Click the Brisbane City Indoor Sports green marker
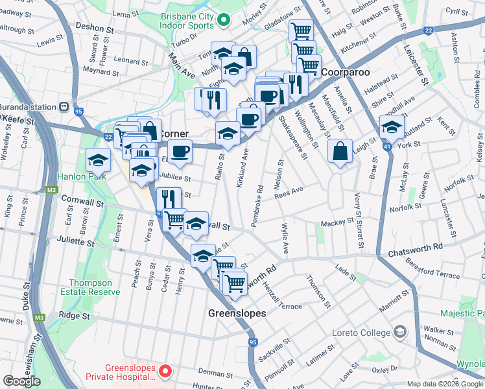click(x=223, y=19)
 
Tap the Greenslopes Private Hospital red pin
click(x=165, y=371)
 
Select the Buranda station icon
click(x=64, y=107)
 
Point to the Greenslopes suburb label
click(x=237, y=313)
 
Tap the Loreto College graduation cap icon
click(x=401, y=332)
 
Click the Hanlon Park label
click(x=81, y=175)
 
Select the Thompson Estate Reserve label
click(x=95, y=287)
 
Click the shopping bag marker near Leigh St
click(x=340, y=153)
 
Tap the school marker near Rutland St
click(x=392, y=128)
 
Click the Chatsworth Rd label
click(x=415, y=247)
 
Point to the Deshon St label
click(x=95, y=29)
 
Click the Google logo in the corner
click(x=21, y=381)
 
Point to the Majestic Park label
click(x=462, y=313)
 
